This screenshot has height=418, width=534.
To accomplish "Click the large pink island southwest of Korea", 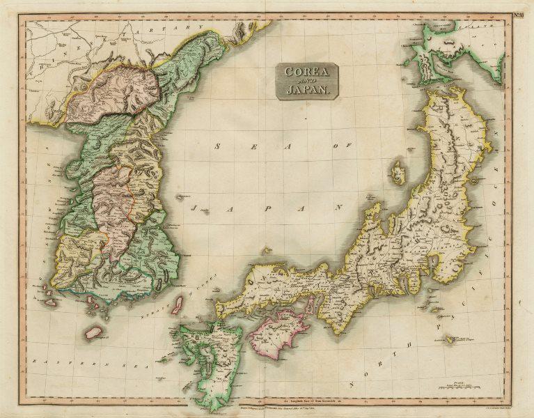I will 93,332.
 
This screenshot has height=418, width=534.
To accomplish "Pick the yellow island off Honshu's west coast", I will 398,172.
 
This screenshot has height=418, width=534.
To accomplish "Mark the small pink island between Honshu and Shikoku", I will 310,304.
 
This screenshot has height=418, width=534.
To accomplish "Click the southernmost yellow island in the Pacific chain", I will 450,339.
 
